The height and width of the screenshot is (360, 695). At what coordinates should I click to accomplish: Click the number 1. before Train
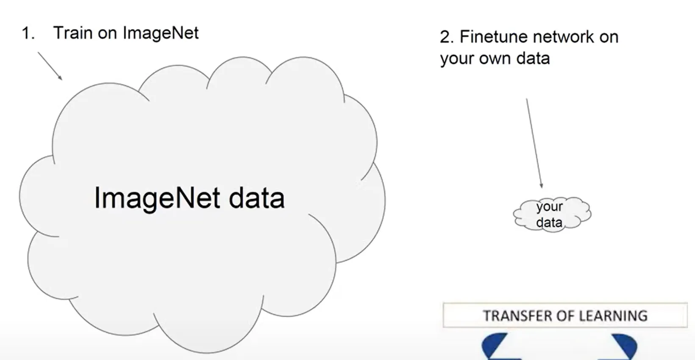(x=28, y=33)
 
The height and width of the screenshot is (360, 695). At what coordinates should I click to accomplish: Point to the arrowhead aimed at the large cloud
(x=61, y=78)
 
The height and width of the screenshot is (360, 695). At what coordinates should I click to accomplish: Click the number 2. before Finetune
(x=447, y=37)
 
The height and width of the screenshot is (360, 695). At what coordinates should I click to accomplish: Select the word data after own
(x=533, y=58)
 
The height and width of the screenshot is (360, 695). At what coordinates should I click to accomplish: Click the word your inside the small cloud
(x=549, y=207)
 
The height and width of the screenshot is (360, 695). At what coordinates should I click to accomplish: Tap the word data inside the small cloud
(x=549, y=222)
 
